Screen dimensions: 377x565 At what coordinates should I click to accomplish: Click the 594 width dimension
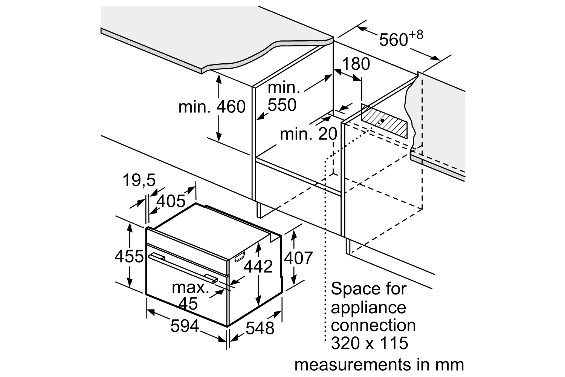click(185, 326)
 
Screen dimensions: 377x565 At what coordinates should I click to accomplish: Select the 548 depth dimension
click(260, 328)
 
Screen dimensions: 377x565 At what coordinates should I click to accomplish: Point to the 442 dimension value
click(258, 267)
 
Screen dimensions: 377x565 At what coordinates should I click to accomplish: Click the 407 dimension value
click(298, 258)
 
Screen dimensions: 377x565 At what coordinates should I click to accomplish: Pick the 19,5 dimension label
click(139, 181)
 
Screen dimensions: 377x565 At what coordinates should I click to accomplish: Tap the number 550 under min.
click(282, 105)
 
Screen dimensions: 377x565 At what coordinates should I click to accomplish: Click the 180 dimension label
click(356, 64)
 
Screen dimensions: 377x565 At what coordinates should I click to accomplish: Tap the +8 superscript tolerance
click(415, 35)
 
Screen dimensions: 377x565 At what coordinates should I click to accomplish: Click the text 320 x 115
click(370, 343)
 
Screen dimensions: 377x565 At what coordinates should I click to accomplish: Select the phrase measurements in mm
click(379, 365)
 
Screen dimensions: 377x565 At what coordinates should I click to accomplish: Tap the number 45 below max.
click(188, 303)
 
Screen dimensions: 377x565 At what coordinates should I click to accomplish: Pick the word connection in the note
click(373, 325)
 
